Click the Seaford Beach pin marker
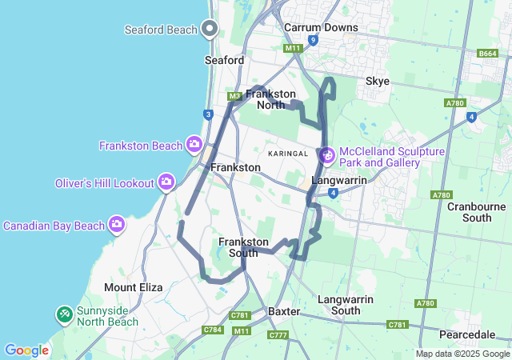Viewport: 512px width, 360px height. tap(210, 29)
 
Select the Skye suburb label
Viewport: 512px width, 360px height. tap(378, 81)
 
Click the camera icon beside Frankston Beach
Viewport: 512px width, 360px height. tap(194, 144)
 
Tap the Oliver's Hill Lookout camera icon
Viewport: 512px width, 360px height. tap(166, 182)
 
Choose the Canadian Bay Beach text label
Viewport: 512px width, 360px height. tap(54, 226)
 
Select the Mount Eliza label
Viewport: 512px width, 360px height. tap(133, 286)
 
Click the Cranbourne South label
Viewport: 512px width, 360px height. tap(481, 211)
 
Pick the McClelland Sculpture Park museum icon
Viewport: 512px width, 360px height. tap(326, 155)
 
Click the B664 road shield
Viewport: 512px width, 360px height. tap(487, 53)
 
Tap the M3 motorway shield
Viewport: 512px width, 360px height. tap(234, 97)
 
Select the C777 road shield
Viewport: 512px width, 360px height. tap(278, 334)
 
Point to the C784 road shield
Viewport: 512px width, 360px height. tap(213, 329)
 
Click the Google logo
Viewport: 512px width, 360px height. tap(26, 350)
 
